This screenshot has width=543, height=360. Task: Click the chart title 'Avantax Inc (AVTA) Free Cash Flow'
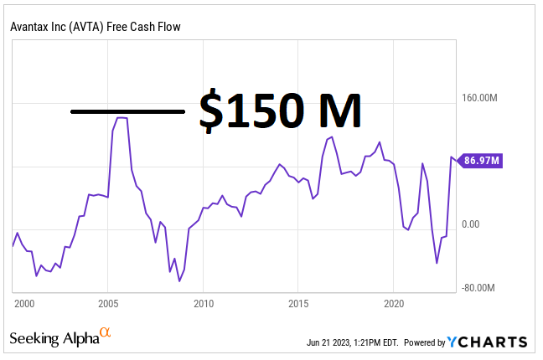click(96, 27)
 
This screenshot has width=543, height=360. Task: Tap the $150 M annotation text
click(279, 111)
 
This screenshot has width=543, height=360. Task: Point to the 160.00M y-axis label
click(481, 98)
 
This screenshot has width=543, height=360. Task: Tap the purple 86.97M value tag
click(481, 161)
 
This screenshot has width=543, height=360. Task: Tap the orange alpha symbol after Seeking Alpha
click(106, 334)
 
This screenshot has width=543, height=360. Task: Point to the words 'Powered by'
click(425, 342)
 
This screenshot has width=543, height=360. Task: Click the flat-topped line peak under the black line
click(122, 118)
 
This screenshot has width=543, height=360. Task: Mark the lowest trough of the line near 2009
click(179, 280)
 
